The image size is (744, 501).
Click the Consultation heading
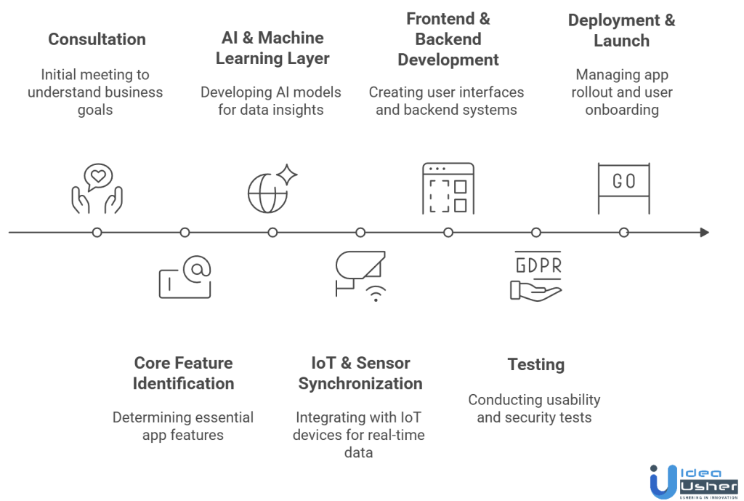pos(97,39)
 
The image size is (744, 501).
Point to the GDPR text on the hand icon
pos(538,265)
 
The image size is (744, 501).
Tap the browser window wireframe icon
pos(448,188)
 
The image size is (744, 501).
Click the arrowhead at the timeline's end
pos(704,233)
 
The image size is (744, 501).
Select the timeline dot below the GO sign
pos(623,233)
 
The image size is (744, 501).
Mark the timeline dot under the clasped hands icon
pos(97,233)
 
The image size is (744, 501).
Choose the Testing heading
pos(535,364)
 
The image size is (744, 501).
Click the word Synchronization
pos(360,383)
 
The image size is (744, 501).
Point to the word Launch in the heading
pos(621,41)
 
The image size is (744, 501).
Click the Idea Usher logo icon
pos(663,481)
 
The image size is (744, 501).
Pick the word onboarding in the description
pos(622,111)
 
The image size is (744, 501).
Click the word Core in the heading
pos(153,363)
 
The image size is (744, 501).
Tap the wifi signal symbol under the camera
pos(376,293)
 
